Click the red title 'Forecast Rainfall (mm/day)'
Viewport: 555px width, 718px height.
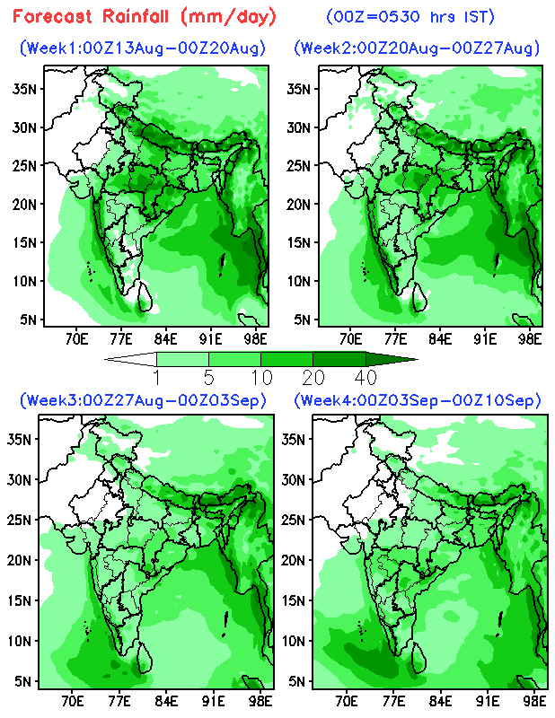coord(145,17)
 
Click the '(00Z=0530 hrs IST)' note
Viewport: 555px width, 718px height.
coord(410,17)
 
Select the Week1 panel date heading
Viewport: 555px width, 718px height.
coord(143,48)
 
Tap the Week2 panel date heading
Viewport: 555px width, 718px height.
coord(417,48)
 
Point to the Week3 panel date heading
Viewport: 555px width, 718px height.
coord(143,400)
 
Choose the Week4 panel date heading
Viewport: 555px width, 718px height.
coord(417,400)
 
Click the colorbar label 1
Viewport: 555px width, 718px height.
coord(157,378)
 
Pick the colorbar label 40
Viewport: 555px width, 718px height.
coord(366,378)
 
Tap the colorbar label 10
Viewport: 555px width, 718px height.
coord(261,378)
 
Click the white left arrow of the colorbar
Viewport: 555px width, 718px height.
coord(130,359)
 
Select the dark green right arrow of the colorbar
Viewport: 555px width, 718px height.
coord(392,359)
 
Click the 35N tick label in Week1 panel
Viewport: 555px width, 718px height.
coord(24,88)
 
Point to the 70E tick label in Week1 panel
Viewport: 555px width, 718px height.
coord(76,339)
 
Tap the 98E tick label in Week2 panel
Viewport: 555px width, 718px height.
coord(529,339)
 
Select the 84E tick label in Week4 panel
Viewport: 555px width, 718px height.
coord(440,701)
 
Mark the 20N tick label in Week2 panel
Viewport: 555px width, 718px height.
coord(299,204)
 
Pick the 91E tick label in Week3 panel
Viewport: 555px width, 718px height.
coord(213,701)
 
